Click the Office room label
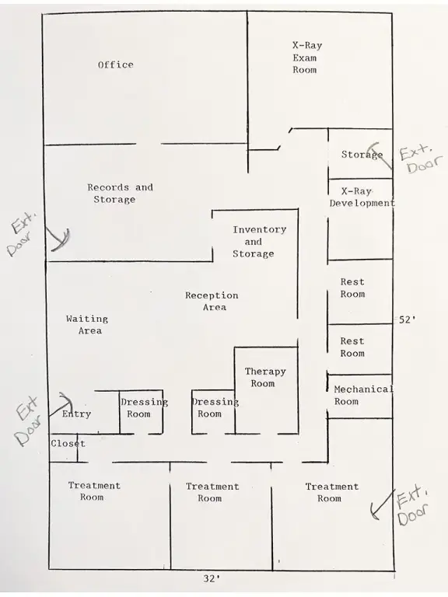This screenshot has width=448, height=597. [116, 65]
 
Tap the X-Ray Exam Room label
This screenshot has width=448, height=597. [307, 58]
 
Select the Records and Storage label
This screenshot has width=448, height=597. [120, 194]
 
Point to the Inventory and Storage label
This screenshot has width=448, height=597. [259, 242]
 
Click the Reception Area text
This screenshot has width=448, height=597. [212, 301]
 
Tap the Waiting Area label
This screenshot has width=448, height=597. [87, 325]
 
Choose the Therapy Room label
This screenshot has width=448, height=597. [265, 377]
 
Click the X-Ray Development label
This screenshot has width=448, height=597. [362, 197]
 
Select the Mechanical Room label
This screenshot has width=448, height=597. [363, 395]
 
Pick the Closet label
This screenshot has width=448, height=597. [68, 444]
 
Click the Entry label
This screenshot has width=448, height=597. [76, 414]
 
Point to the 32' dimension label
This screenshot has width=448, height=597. [212, 578]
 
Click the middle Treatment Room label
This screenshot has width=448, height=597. [212, 492]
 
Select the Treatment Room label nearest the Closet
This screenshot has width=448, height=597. [94, 491]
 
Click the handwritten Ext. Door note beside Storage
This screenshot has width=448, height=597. [421, 159]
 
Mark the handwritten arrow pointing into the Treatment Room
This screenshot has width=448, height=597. [382, 504]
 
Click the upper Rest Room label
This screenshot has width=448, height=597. [352, 288]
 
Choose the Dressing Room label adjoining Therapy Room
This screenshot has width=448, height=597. [215, 408]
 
